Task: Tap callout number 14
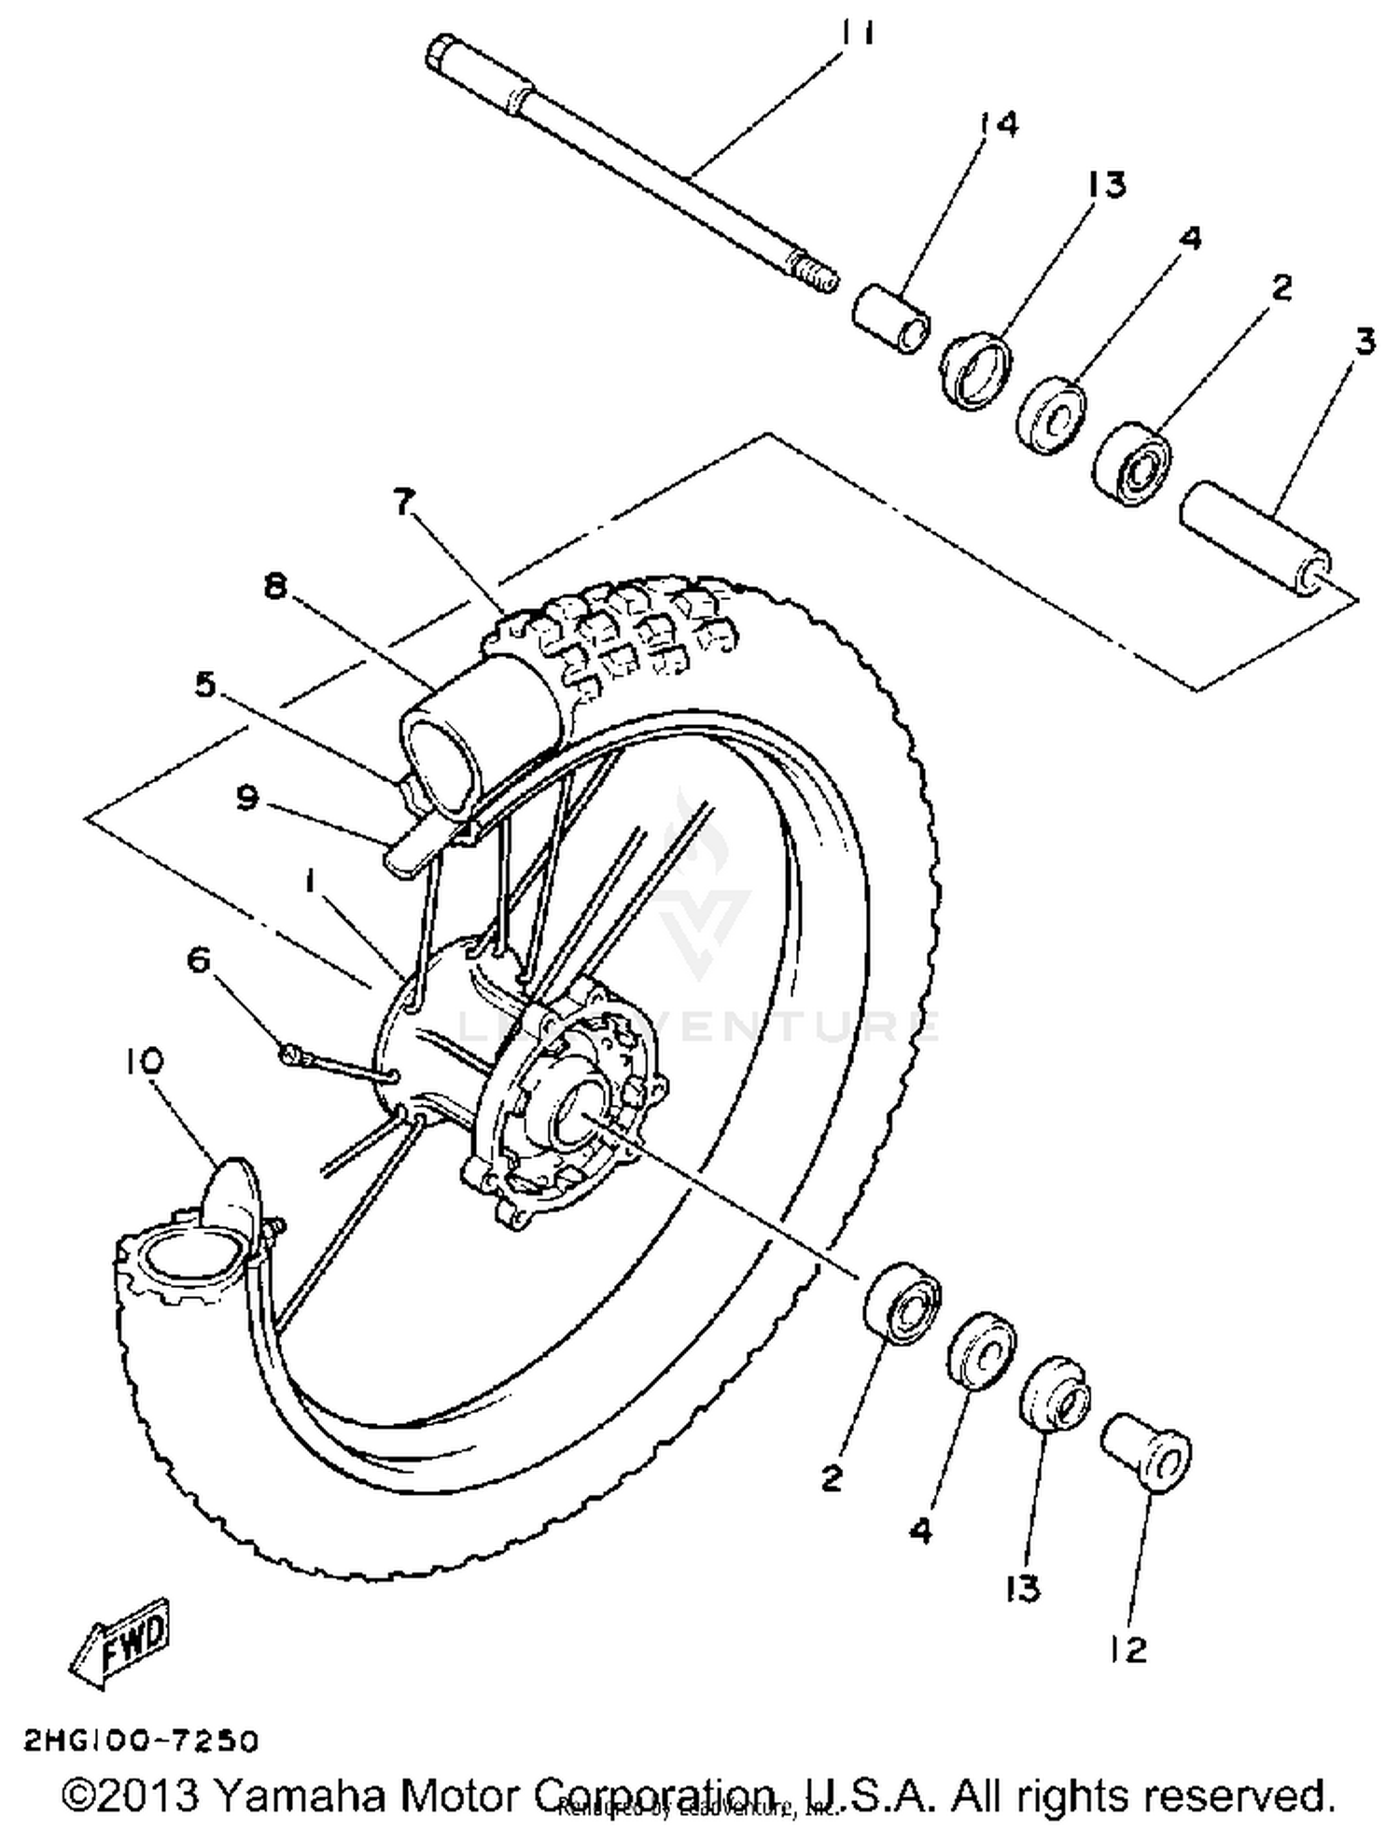tap(999, 124)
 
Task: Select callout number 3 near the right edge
tap(1365, 342)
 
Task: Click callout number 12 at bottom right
tap(1128, 1650)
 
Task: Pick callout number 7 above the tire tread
tap(402, 504)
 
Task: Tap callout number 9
tap(246, 799)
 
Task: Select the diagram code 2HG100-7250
tap(140, 1741)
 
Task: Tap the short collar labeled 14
tap(892, 320)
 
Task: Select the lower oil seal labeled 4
tap(982, 1350)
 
